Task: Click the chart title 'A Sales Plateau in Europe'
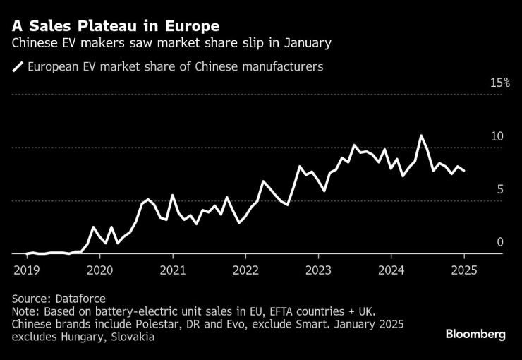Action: coord(115,26)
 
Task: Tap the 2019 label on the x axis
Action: coord(26,270)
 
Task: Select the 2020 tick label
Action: coord(99,270)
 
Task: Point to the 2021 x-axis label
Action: coord(172,270)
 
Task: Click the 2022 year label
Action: coord(245,270)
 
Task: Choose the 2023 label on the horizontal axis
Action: coord(318,270)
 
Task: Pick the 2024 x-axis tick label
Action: coord(391,270)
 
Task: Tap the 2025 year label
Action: coord(464,270)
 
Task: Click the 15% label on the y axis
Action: coord(500,83)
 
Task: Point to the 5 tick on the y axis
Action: coord(500,189)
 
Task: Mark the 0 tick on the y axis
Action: coord(500,242)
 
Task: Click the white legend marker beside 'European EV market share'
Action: coord(18,68)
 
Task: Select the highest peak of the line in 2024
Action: coord(421,136)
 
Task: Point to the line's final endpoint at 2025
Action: coord(464,171)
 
